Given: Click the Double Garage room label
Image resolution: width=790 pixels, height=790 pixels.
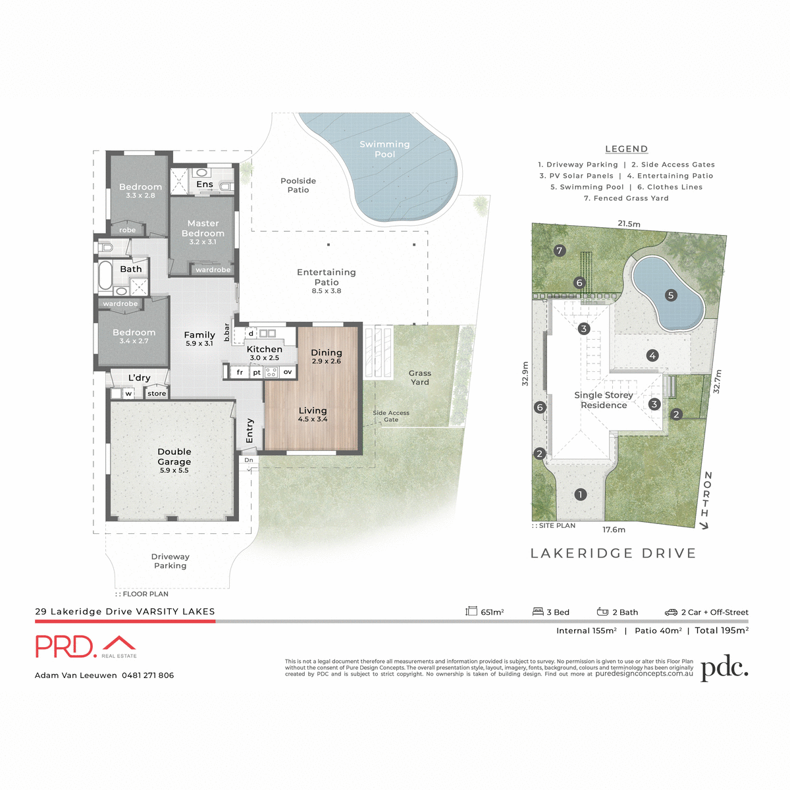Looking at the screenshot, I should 174,457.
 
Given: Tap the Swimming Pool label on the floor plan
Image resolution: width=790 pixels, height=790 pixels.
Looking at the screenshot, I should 384,149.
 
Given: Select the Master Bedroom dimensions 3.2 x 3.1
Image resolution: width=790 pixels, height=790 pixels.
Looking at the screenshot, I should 203,242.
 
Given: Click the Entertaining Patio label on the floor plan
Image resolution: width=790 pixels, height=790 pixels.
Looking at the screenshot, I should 327,276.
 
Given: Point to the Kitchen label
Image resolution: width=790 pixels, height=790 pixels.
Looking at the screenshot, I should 265,349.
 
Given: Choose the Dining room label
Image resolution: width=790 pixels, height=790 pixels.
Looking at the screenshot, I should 327,352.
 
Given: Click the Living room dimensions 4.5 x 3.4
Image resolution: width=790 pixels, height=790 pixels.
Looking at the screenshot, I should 313,419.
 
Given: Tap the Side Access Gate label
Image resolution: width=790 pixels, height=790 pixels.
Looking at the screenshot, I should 391,416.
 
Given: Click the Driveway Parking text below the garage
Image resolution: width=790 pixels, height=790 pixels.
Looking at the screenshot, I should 170,561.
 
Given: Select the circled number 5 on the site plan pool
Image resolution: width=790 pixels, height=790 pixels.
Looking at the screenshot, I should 671,295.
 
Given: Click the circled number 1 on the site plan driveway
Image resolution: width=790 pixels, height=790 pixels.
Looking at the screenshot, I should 580,494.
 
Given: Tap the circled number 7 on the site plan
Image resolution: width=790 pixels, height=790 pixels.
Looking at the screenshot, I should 560,250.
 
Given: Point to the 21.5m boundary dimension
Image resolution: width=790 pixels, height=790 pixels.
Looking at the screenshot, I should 629,224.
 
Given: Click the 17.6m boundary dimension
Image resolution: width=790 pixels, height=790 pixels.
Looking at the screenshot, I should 614,529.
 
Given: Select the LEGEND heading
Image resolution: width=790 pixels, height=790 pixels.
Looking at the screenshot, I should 627,149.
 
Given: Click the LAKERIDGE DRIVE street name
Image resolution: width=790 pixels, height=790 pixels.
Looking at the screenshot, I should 613,554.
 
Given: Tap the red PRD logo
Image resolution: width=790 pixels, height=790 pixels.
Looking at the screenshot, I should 66,646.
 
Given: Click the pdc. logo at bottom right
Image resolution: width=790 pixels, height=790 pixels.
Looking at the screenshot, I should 724,668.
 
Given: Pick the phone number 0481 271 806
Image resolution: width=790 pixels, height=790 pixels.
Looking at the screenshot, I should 147,675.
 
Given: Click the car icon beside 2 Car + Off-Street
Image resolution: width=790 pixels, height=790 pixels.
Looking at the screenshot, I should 671,612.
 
